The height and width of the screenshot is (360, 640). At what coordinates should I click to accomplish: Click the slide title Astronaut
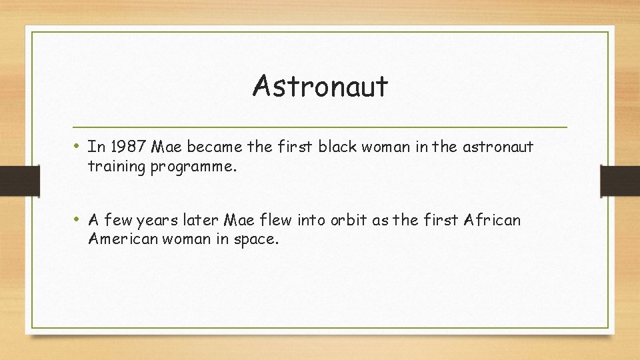coord(320,87)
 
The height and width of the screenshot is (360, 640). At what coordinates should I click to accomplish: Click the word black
coord(338,147)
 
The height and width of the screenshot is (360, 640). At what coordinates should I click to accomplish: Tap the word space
coord(254,239)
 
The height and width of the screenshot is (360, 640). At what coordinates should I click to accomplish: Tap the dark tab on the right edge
coord(620,179)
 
